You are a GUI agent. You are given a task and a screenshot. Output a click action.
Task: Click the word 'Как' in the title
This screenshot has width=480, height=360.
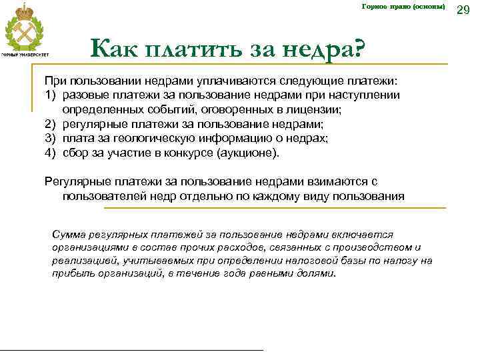click(112, 48)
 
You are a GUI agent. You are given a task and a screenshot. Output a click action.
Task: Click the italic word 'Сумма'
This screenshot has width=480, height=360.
click(67, 235)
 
